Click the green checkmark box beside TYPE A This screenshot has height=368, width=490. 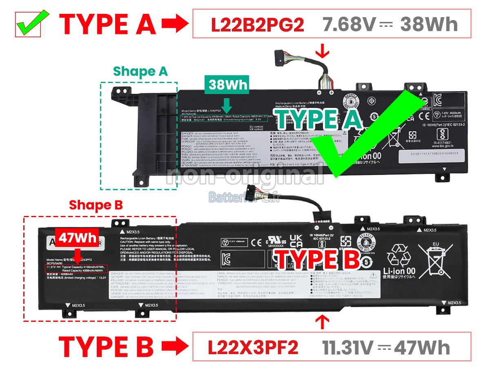point(29,24)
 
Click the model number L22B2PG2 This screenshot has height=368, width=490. point(257,25)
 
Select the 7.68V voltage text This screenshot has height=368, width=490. point(348,25)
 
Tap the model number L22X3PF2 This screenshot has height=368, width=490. point(253,348)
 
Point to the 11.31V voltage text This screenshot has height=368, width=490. point(348,348)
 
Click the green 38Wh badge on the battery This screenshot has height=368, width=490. point(228,85)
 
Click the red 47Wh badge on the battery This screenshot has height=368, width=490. point(78,238)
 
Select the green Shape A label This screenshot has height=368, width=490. point(140,72)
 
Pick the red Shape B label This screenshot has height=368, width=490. point(96,205)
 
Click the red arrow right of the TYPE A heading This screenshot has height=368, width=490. point(175,25)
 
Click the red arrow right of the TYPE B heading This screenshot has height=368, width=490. point(175,348)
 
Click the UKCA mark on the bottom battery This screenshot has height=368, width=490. point(295,241)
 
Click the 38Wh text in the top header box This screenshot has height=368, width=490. point(429,25)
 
